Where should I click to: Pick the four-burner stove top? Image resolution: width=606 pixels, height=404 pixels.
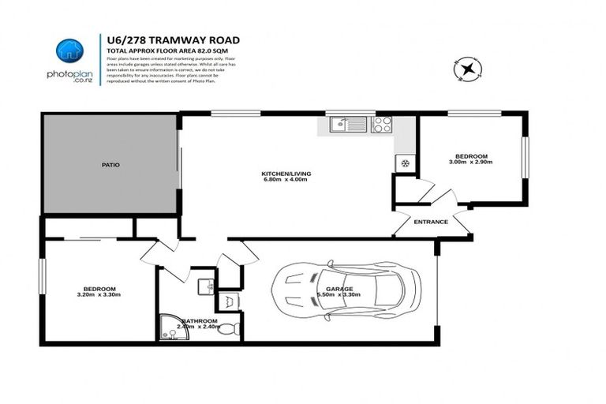pyautogui.click(x=382, y=124)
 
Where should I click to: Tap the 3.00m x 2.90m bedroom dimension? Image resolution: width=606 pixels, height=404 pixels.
pyautogui.click(x=470, y=162)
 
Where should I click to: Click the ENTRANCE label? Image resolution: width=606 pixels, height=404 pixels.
pyautogui.click(x=431, y=222)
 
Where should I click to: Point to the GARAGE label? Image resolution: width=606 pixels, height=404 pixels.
pyautogui.click(x=327, y=288)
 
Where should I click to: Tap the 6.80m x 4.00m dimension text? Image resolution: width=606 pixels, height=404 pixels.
pyautogui.click(x=284, y=180)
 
